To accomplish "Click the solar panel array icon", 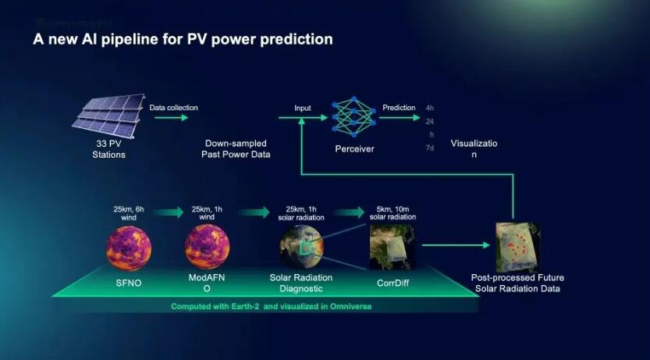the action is [x=108, y=116].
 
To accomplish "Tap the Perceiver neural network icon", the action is [x=354, y=116].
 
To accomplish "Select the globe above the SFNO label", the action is [x=129, y=248].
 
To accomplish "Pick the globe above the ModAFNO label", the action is [x=207, y=247].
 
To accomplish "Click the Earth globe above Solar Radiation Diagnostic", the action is [x=301, y=247].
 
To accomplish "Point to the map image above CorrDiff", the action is [x=392, y=247].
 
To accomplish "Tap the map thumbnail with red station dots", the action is [x=517, y=248].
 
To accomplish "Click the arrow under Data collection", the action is [x=171, y=118].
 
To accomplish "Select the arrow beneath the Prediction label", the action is [x=400, y=118].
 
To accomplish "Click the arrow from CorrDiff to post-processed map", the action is [x=456, y=245].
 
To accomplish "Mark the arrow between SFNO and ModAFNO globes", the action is [x=168, y=212].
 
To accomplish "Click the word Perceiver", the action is [x=354, y=149].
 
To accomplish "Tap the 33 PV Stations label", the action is [x=108, y=149].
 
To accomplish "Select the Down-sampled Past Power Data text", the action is [x=236, y=149].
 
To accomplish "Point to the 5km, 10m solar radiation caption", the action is [x=392, y=213].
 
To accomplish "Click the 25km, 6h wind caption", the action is [x=129, y=213].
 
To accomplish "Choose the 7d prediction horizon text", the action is [x=429, y=148].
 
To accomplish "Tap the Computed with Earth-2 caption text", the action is [x=271, y=306].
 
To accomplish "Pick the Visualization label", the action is [x=474, y=149].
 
